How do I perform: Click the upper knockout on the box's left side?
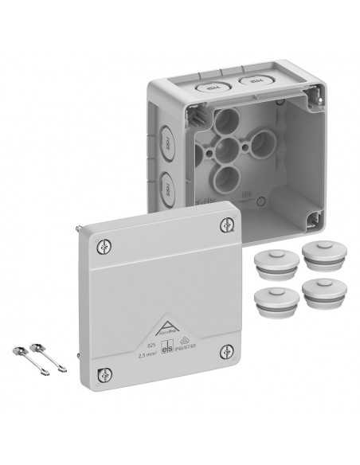pos(164,143)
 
